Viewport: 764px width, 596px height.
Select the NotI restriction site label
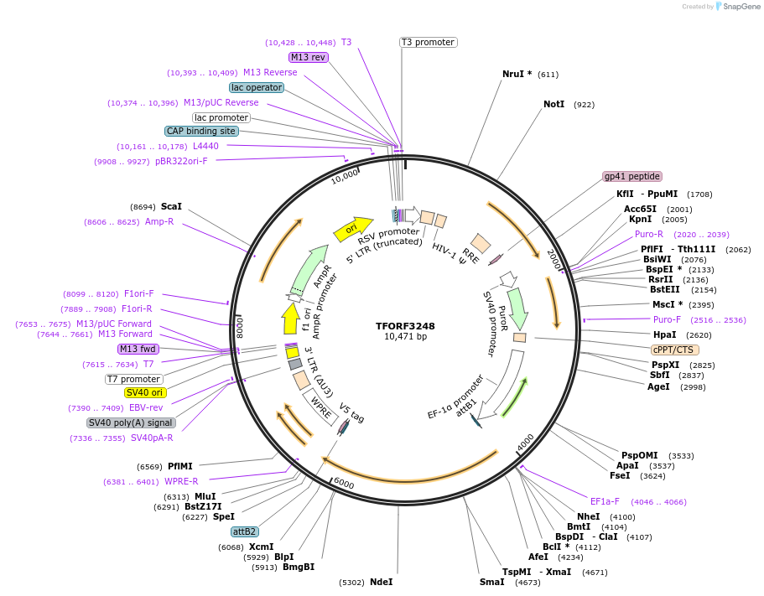click(x=554, y=105)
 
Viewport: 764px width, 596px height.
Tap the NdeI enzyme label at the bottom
click(x=381, y=582)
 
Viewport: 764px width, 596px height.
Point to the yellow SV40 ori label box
click(x=145, y=392)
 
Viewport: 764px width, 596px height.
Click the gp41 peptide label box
click(x=632, y=177)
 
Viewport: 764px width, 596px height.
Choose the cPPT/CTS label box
click(x=674, y=350)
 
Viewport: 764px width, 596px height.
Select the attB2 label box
click(x=245, y=531)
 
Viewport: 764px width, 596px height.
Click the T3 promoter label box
click(x=428, y=42)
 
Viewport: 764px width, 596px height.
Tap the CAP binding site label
click(x=201, y=131)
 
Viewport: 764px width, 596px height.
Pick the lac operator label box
click(x=257, y=87)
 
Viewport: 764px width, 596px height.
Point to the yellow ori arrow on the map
click(x=352, y=229)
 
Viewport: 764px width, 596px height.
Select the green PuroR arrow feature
click(x=518, y=308)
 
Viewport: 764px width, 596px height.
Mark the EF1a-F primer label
click(x=604, y=501)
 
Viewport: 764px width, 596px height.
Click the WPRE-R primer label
click(x=181, y=481)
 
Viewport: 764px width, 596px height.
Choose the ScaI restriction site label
click(x=171, y=206)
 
